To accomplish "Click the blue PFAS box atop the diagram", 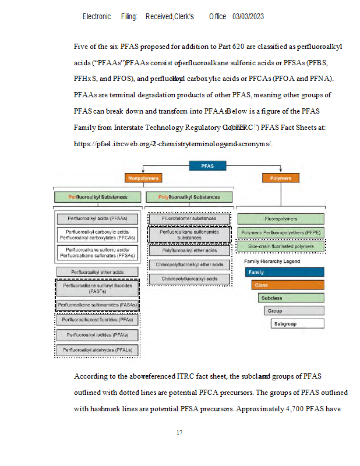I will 208,166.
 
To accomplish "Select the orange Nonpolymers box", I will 143,178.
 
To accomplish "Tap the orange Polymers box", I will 281,178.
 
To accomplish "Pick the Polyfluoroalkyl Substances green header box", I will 189,197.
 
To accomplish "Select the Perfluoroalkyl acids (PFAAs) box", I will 98,219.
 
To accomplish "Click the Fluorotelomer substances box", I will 189,218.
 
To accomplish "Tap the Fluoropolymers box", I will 281,219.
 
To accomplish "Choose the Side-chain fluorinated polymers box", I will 281,246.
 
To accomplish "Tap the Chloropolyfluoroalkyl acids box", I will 189,279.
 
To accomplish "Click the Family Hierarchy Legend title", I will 272,262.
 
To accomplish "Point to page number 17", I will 179,433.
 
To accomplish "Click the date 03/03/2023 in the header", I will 248,17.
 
